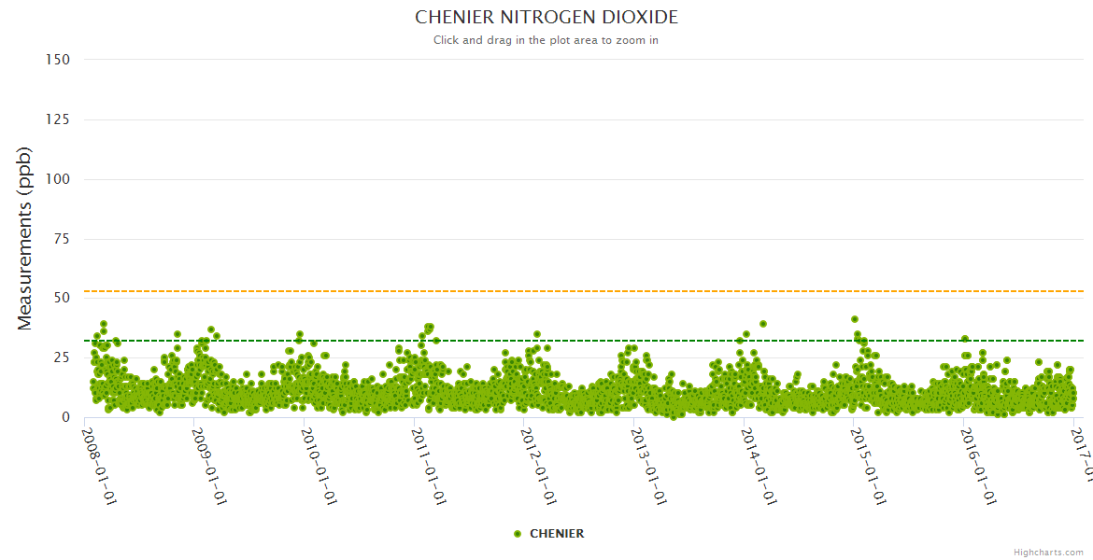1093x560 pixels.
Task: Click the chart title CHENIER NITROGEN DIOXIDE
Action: click(546, 18)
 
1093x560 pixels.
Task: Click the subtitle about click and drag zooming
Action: click(546, 40)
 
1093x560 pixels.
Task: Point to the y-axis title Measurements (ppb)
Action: click(25, 238)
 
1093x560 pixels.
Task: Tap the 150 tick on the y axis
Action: click(58, 60)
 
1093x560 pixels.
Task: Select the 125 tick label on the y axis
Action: click(58, 119)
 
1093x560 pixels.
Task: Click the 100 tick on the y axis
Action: click(58, 179)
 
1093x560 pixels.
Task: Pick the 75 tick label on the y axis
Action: click(62, 239)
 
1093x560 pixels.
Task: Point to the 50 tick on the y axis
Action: click(62, 299)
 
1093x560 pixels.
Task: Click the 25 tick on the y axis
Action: click(62, 358)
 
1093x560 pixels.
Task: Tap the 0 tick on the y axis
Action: click(65, 418)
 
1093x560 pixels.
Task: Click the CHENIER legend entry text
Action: click(557, 534)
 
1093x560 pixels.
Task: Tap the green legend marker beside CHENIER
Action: click(518, 534)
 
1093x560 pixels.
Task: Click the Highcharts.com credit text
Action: click(1048, 553)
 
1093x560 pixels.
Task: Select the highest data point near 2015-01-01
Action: click(854, 319)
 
